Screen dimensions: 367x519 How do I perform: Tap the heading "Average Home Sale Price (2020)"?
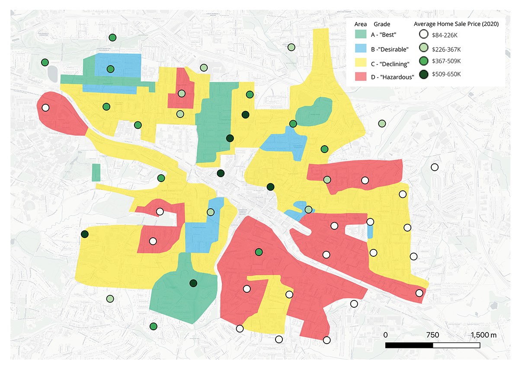pyautogui.click(x=456, y=24)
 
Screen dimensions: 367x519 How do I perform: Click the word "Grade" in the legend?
pyautogui.click(x=381, y=24)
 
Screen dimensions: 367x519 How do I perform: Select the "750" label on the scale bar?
pyautogui.click(x=432, y=335)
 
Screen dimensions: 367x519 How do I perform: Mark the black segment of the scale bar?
pyautogui.click(x=409, y=345)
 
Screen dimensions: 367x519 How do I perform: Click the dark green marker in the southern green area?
pyautogui.click(x=193, y=284)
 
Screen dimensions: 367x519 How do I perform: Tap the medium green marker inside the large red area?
pyautogui.click(x=259, y=252)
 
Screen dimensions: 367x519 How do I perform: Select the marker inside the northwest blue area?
pyautogui.click(x=110, y=69)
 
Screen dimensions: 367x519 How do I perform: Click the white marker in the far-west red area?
pyautogui.click(x=45, y=108)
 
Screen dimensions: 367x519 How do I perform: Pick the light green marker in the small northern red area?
pyautogui.click(x=182, y=93)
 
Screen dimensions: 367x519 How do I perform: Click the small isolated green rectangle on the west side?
pyautogui.click(x=96, y=172)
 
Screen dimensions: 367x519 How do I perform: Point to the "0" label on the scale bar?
pyautogui.click(x=385, y=335)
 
